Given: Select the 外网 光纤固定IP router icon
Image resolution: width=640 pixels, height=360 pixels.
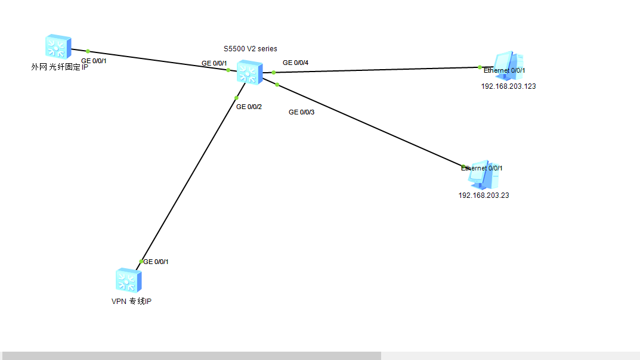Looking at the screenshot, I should click(x=58, y=46).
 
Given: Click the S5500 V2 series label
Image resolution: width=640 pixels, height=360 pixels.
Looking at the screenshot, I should click(x=249, y=49).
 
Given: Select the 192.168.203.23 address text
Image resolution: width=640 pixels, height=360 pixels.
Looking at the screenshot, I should click(x=483, y=195).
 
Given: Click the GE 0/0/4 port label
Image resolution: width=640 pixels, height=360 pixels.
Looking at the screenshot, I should click(x=295, y=63).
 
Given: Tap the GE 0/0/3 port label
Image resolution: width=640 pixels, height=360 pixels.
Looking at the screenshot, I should click(x=301, y=112).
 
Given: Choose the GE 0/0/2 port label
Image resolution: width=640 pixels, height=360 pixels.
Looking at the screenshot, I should click(x=249, y=107).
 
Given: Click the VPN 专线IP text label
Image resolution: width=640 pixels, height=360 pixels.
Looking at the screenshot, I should click(x=131, y=302).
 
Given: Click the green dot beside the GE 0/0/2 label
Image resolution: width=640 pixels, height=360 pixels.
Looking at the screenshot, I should click(x=237, y=98).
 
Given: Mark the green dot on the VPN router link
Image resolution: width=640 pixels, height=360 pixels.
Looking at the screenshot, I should click(x=141, y=261).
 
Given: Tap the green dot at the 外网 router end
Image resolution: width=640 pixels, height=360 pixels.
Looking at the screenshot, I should click(x=88, y=51).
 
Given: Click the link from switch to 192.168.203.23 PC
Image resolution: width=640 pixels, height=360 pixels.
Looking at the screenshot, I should click(x=370, y=126).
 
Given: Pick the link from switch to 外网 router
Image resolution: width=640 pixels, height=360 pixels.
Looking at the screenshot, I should click(x=155, y=60).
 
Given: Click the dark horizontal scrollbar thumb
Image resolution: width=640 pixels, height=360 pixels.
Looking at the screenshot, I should click(x=191, y=356).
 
